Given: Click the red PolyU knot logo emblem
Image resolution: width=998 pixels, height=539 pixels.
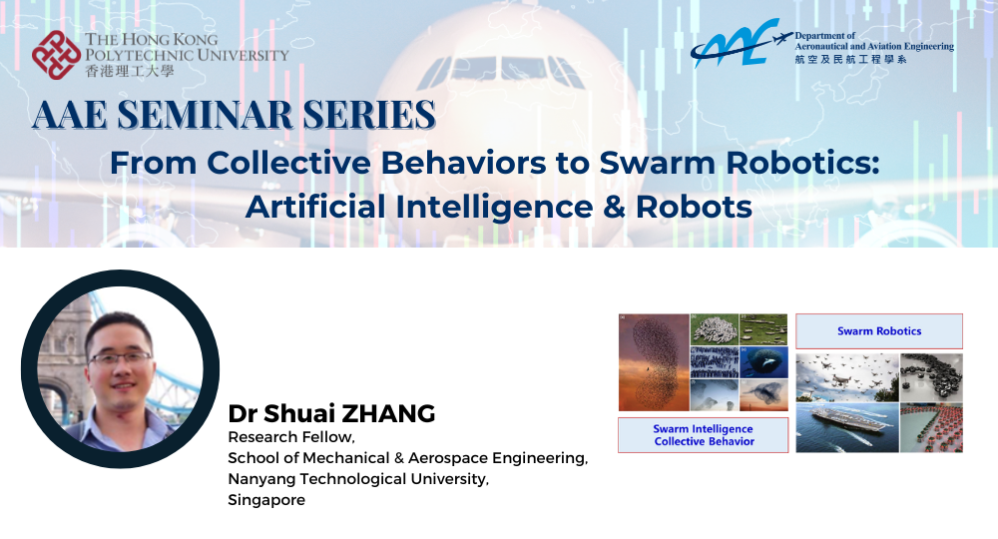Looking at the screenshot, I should (x=56, y=54).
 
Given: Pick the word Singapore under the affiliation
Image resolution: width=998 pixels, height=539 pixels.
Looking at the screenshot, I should (x=266, y=500).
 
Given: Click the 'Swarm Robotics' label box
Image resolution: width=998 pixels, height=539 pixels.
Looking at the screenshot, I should (x=879, y=330).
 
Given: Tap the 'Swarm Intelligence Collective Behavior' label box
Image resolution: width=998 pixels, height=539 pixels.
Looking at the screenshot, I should (x=703, y=435).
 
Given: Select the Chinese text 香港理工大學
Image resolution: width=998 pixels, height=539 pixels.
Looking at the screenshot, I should (x=127, y=71).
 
